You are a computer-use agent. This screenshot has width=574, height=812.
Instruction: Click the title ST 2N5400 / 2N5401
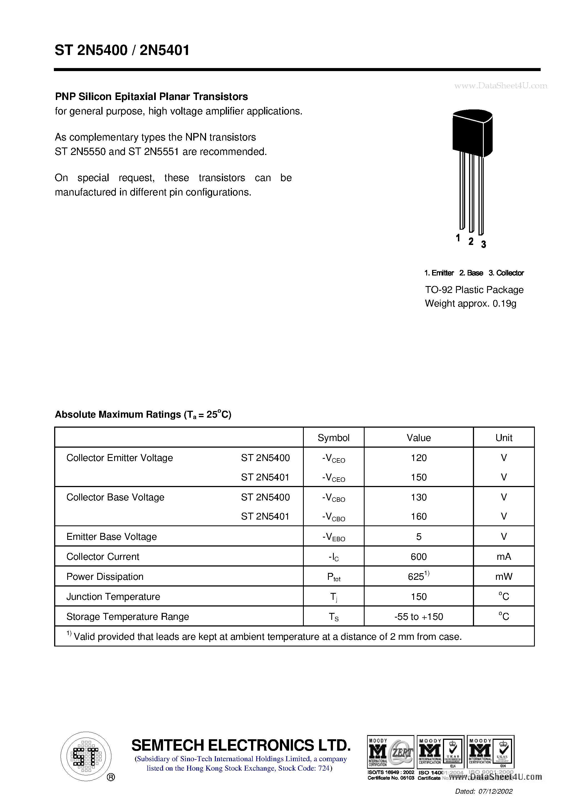[x=122, y=50]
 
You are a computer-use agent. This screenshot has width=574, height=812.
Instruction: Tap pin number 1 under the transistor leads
[x=458, y=238]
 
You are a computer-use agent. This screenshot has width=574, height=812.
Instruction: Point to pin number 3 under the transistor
[x=483, y=244]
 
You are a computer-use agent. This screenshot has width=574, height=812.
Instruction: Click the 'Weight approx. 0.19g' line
[x=470, y=304]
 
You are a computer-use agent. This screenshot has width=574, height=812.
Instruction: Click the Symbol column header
[x=333, y=438]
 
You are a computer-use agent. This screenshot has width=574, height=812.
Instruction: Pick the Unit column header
[x=504, y=438]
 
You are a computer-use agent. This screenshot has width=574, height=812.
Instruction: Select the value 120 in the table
[x=418, y=458]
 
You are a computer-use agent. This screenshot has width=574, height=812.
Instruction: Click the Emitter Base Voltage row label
[x=111, y=537]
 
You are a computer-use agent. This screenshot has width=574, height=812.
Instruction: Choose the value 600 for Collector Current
[x=418, y=557]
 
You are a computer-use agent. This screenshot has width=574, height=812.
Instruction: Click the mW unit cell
[x=504, y=577]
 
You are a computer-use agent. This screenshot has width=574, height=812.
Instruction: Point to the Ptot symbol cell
[x=334, y=577]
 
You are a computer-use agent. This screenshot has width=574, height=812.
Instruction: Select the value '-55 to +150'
[x=418, y=617]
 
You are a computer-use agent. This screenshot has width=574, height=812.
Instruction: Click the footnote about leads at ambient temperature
[x=264, y=636]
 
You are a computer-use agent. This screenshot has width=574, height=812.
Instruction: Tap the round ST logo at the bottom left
[x=86, y=756]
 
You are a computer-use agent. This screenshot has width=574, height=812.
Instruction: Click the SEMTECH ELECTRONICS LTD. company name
[x=241, y=746]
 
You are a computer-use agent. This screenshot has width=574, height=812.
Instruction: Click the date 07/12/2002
[x=495, y=791]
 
